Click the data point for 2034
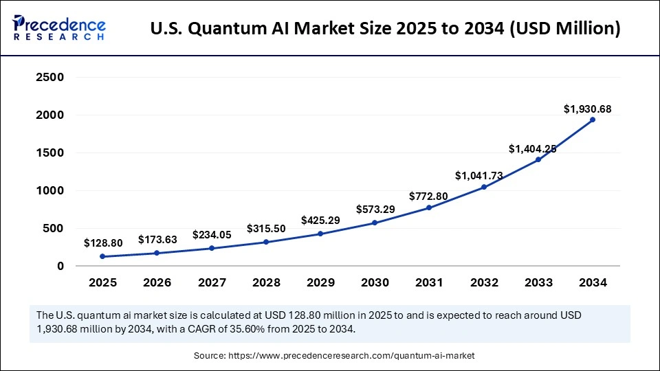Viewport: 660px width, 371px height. point(593,120)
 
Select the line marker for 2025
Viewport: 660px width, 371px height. point(102,256)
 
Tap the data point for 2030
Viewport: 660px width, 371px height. point(375,223)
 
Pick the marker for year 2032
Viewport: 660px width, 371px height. point(483,187)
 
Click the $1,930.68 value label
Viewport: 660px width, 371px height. point(587,109)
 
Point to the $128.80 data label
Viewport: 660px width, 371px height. point(102,243)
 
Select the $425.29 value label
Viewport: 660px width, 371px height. point(320,221)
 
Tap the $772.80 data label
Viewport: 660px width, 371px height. point(429,196)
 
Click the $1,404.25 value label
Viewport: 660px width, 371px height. point(532,148)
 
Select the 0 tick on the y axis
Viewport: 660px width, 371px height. point(60,266)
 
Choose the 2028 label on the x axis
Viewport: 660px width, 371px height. point(266,282)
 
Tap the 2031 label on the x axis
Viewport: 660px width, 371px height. point(429,282)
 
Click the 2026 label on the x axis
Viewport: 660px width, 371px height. point(157,282)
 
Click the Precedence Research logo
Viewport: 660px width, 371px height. point(58,28)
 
